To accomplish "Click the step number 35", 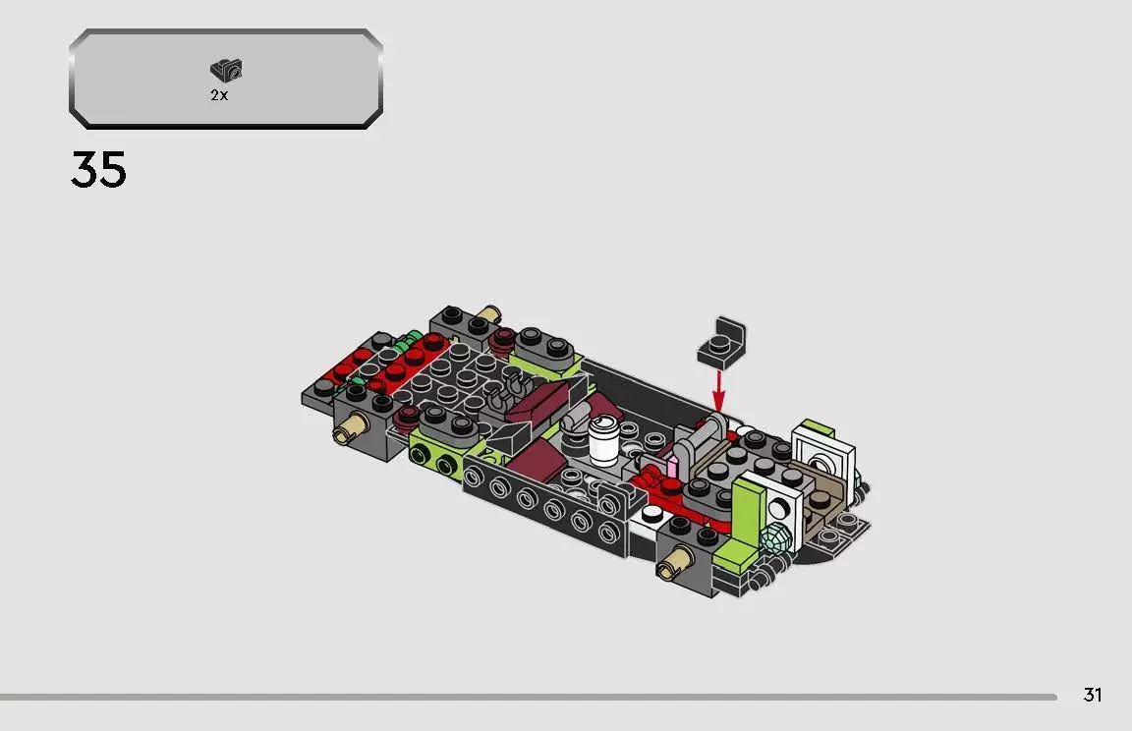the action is point(98,170).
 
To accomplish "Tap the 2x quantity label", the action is point(219,95).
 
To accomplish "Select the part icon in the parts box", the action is point(227,70).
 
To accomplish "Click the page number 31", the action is point(1093,695).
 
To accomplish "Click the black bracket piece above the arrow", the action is point(721,343).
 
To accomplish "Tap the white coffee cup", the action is point(603,440).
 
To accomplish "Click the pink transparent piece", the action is point(672,466).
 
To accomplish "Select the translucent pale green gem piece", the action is point(776,537).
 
